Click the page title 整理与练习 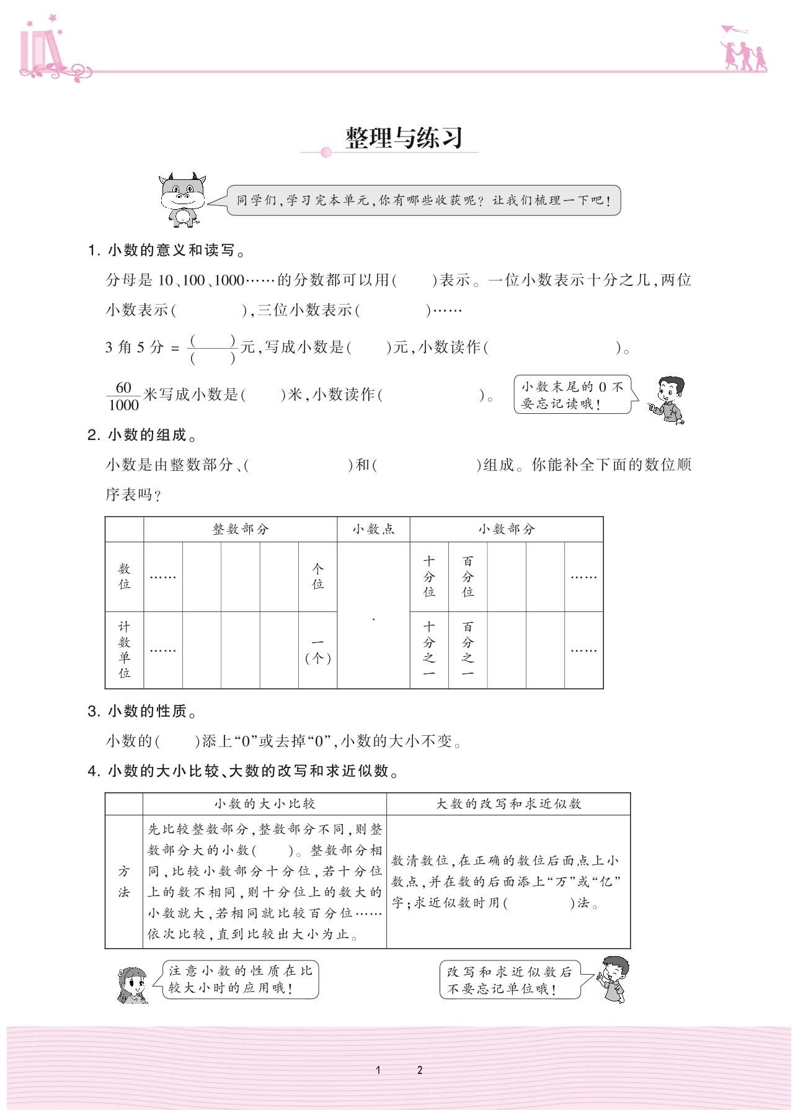tap(404, 138)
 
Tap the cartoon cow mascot tap(182, 199)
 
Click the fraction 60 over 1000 tap(123, 396)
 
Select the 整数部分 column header tap(241, 529)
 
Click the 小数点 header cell tap(373, 529)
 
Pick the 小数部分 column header tap(506, 529)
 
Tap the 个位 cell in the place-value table tap(317, 576)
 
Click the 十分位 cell tap(429, 576)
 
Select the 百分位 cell tap(468, 576)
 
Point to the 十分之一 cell tap(429, 650)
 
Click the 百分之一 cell tap(468, 650)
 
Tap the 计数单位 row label tap(125, 650)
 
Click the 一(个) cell tap(317, 650)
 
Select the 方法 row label tap(124, 881)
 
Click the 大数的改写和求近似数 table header tap(508, 803)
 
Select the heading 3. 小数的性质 tap(143, 711)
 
